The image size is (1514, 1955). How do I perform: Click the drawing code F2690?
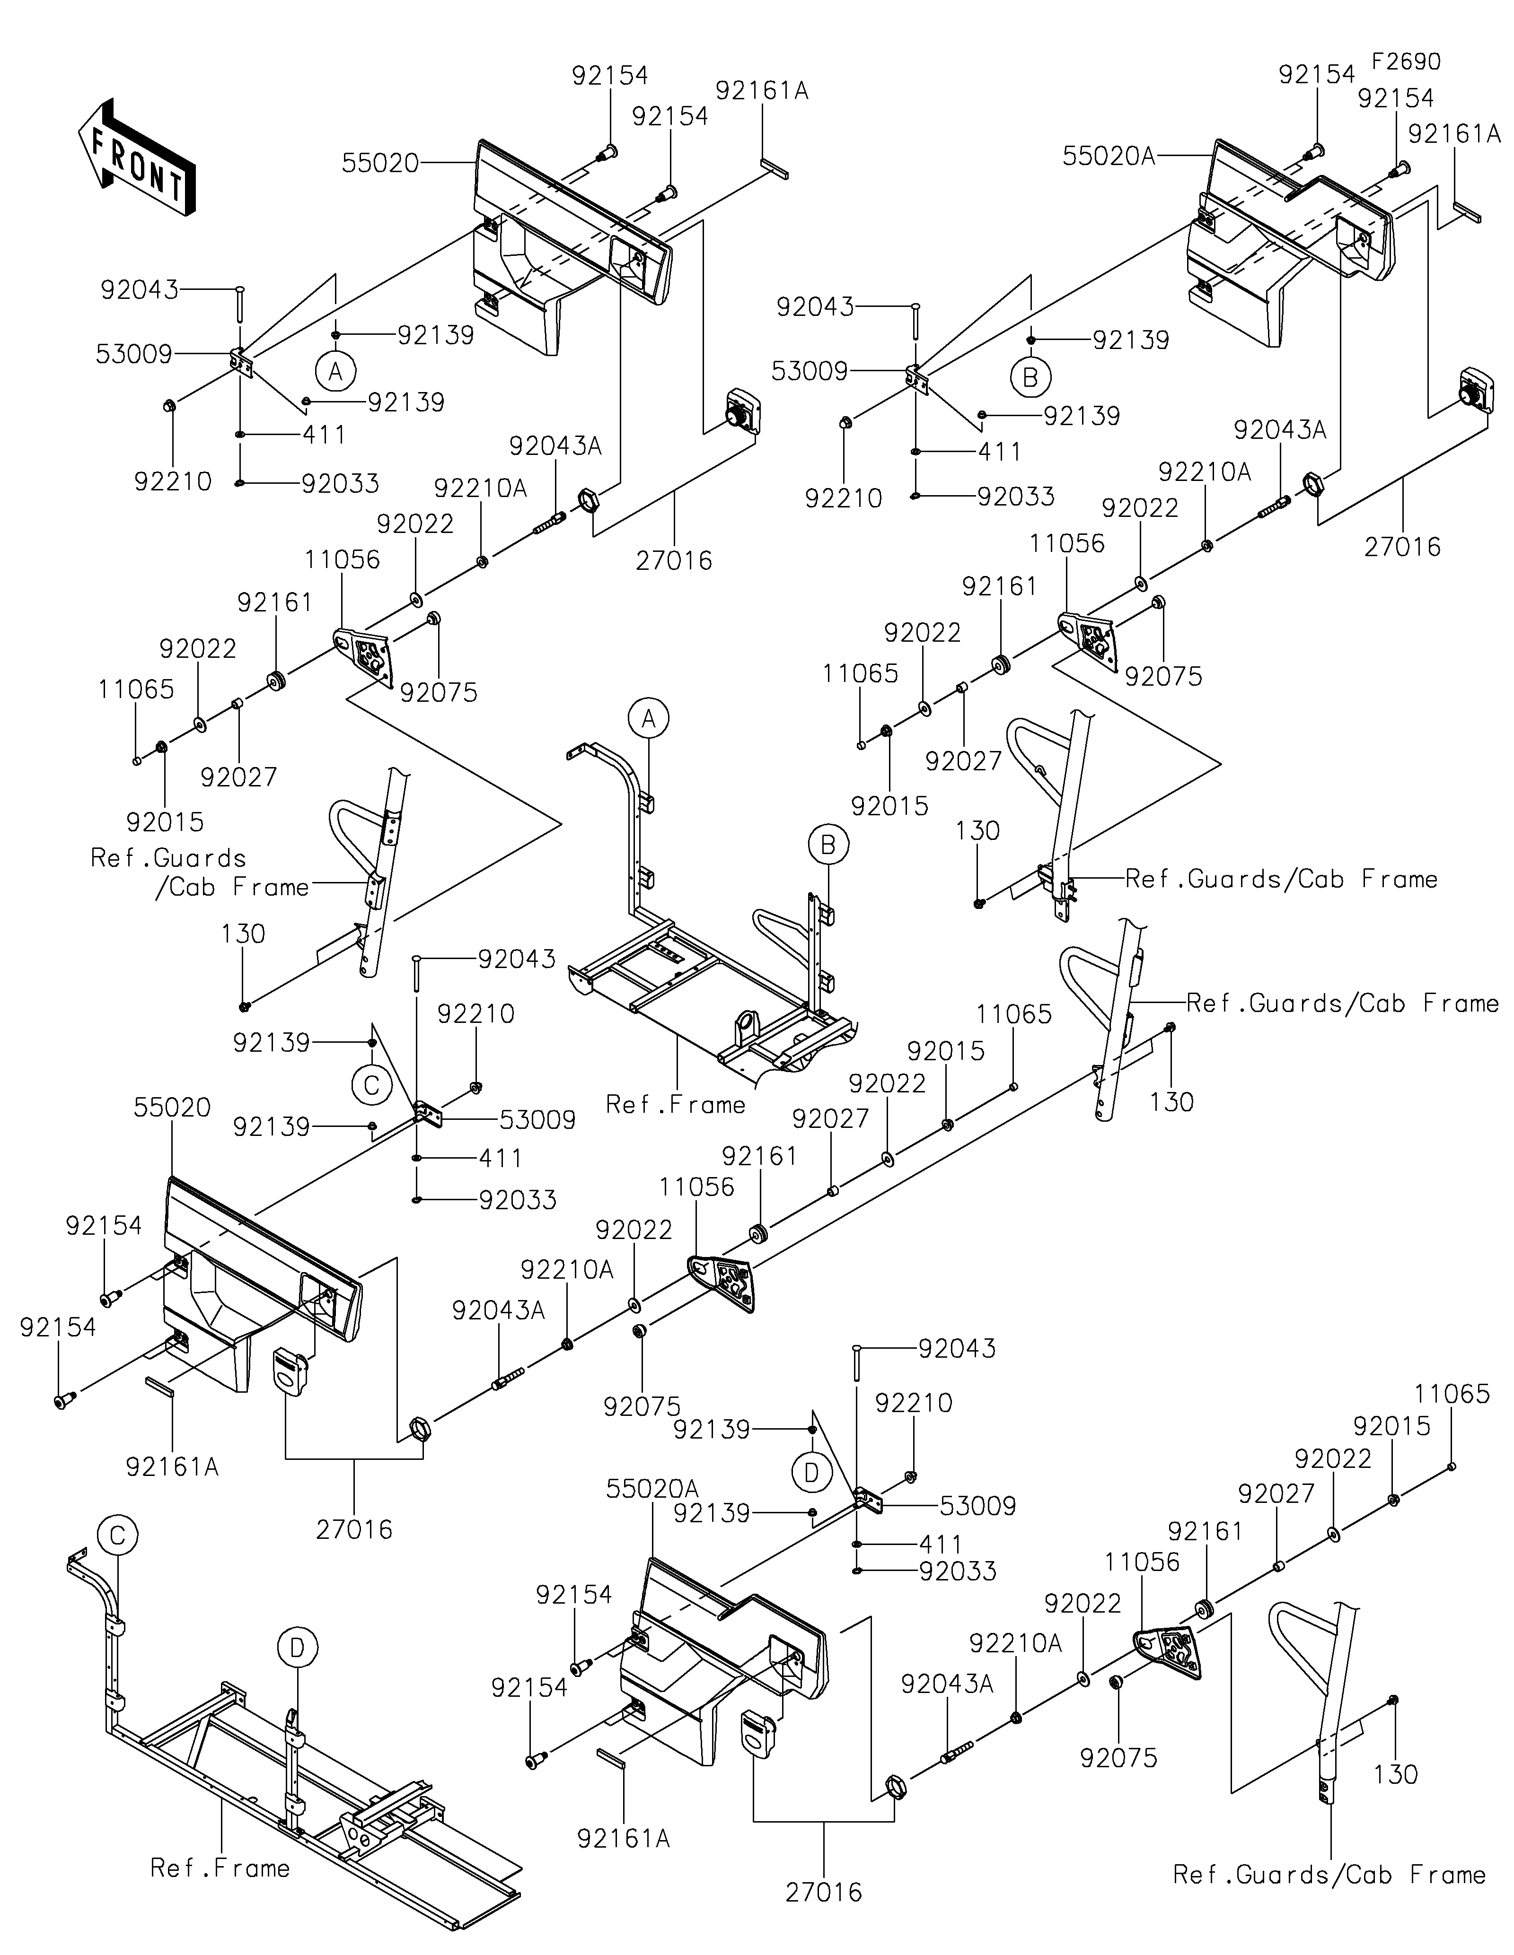tap(1407, 62)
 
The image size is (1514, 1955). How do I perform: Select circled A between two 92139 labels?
tap(336, 370)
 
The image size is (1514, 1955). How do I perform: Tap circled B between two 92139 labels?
tap(1030, 377)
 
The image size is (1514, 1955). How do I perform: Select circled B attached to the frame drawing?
tap(828, 844)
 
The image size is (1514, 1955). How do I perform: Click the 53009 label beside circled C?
tap(537, 1120)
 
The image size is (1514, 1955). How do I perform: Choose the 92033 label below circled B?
tap(1016, 497)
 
